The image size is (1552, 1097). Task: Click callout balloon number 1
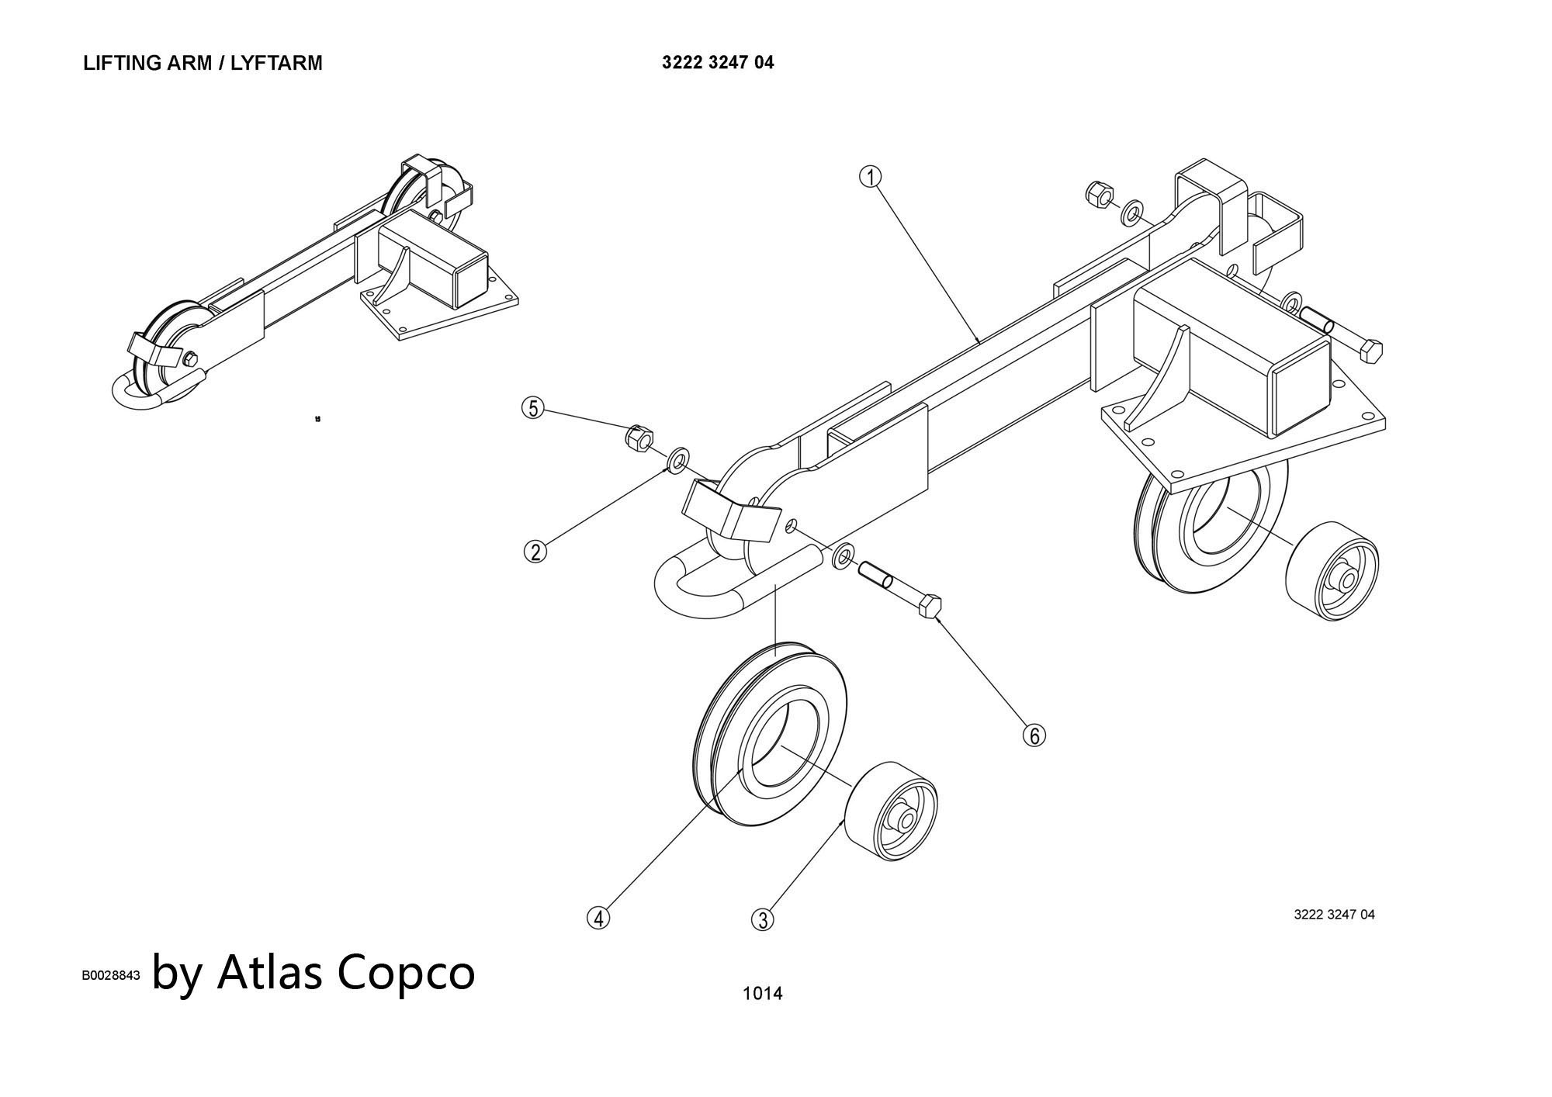point(870,178)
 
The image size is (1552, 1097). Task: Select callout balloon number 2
point(535,552)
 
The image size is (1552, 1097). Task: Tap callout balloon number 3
point(763,919)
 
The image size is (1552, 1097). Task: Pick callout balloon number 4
point(598,918)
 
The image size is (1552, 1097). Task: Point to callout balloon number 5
point(533,408)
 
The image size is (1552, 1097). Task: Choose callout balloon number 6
point(1034,735)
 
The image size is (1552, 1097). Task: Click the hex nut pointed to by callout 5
point(638,438)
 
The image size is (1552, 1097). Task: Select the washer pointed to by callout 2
point(679,459)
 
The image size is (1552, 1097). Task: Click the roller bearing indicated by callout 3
point(891,811)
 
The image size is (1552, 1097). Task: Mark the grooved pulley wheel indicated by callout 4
point(768,733)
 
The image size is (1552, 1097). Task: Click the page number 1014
point(763,993)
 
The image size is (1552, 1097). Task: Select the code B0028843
point(111,975)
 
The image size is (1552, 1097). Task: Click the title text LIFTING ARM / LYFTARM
point(203,64)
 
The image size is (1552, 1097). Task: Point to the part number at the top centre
point(718,63)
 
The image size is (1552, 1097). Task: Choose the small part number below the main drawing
point(1334,915)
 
